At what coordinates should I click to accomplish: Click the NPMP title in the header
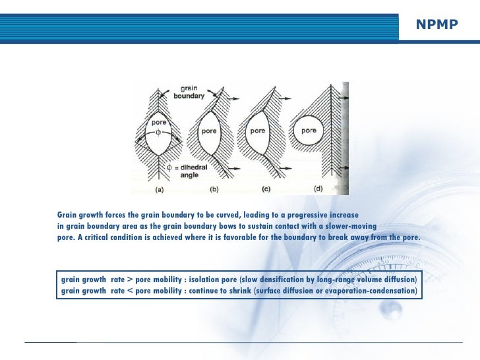click(x=436, y=25)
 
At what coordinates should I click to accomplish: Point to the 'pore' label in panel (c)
click(x=256, y=131)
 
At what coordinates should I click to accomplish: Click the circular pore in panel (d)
click(x=309, y=132)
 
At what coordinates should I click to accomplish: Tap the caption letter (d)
click(x=320, y=189)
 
